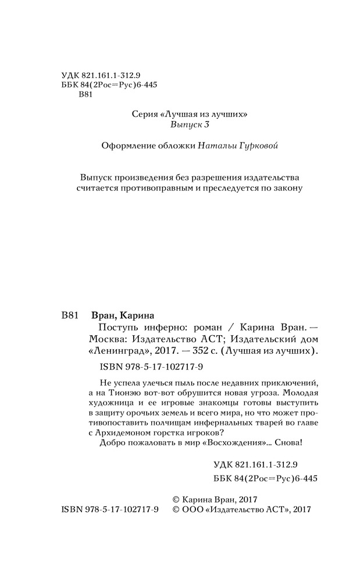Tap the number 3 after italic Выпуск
click(x=206, y=126)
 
